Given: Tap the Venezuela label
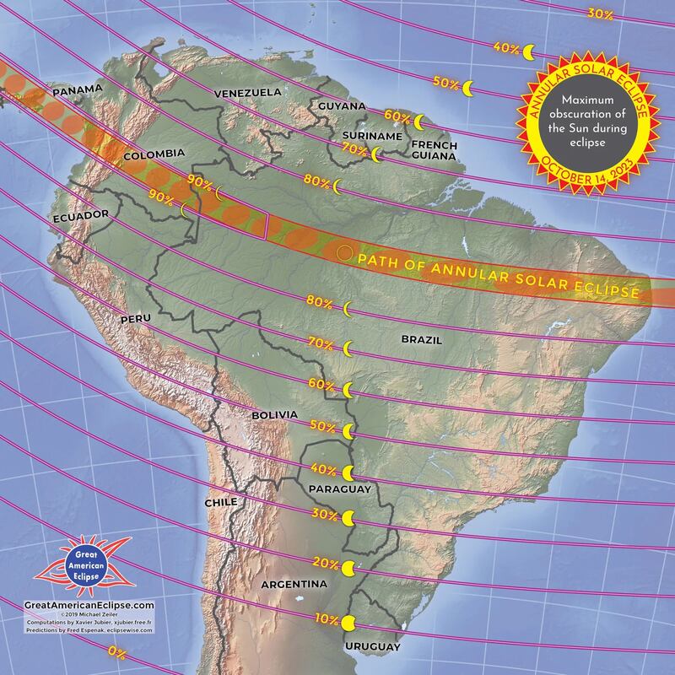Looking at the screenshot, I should (247, 92).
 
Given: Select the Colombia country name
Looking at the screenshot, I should (154, 154).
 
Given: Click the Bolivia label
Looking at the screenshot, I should (275, 415).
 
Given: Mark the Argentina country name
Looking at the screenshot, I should (294, 584).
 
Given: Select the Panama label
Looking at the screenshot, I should (77, 89).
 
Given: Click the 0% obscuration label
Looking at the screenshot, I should (117, 652).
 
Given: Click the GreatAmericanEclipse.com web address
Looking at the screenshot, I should (89, 605).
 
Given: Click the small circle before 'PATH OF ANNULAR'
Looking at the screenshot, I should (343, 252).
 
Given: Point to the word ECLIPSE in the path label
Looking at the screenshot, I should (606, 291).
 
